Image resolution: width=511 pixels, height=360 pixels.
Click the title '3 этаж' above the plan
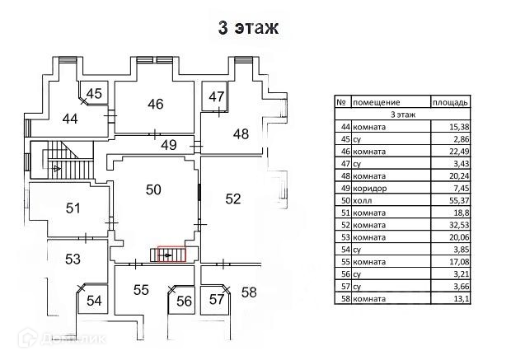pyautogui.click(x=248, y=27)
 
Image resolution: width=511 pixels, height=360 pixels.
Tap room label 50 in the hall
pyautogui.click(x=153, y=189)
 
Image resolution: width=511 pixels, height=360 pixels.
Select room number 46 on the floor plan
pyautogui.click(x=155, y=104)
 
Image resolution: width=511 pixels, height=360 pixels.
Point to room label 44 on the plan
pyautogui.click(x=71, y=119)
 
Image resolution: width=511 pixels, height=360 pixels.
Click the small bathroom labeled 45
pyautogui.click(x=94, y=93)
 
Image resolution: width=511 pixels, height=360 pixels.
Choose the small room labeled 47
pyautogui.click(x=216, y=96)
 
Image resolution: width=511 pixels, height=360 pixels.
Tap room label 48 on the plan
pyautogui.click(x=240, y=133)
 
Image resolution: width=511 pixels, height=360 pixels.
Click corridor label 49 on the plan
pyautogui.click(x=169, y=146)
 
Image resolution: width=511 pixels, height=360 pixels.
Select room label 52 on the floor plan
pyautogui.click(x=233, y=198)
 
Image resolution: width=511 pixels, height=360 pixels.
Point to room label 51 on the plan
pyautogui.click(x=73, y=208)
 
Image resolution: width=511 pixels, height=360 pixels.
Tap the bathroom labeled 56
pyautogui.click(x=184, y=302)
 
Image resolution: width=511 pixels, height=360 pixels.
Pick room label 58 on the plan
pyautogui.click(x=249, y=292)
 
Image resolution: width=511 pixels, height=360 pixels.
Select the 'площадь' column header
pyautogui.click(x=451, y=102)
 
